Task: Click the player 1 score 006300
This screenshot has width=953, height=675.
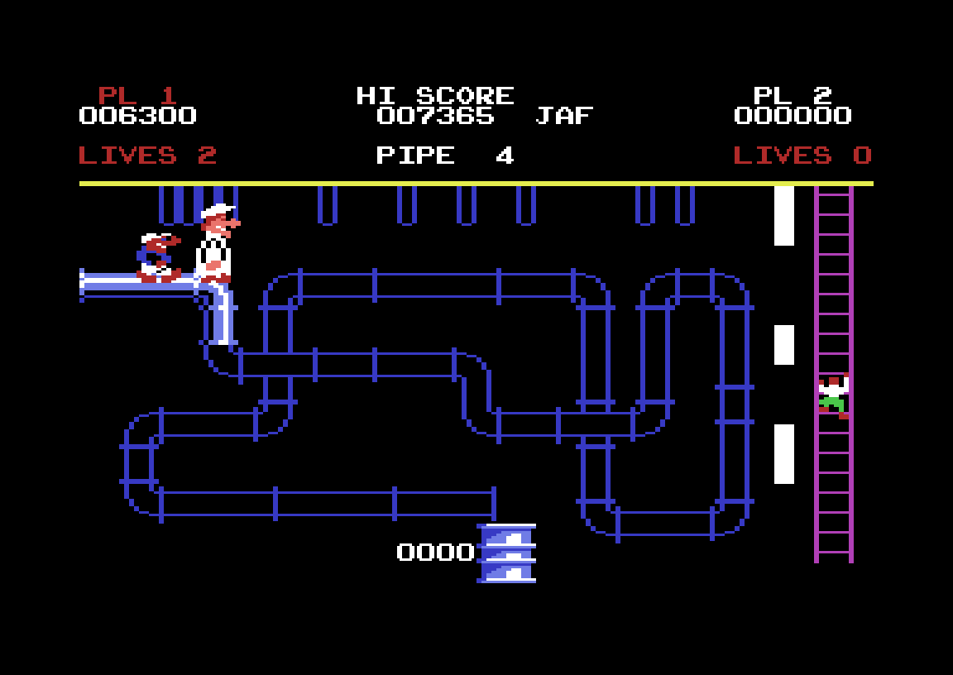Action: tap(137, 116)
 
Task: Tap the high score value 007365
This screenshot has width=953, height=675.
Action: tap(435, 116)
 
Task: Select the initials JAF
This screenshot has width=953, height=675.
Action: tap(564, 116)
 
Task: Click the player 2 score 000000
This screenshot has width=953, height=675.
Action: tap(793, 116)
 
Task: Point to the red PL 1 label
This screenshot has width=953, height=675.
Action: tap(137, 95)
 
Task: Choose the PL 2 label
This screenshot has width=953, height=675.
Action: tap(793, 95)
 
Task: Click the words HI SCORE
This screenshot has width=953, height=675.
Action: tap(435, 95)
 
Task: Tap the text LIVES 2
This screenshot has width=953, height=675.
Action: tap(147, 156)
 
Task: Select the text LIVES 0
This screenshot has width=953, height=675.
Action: tap(802, 156)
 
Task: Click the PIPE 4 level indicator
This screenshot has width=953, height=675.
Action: tap(445, 156)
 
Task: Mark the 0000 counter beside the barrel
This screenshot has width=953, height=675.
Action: tap(435, 553)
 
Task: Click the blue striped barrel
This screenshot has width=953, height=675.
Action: tap(507, 553)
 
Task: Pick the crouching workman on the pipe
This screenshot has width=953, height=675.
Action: tap(158, 257)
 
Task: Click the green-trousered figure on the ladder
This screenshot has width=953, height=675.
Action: tap(832, 398)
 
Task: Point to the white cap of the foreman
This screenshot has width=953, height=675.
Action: tap(217, 211)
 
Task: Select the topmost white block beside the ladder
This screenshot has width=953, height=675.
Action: tap(784, 215)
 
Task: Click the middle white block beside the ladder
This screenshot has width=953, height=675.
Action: tap(784, 344)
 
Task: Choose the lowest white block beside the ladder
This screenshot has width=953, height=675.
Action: tap(784, 453)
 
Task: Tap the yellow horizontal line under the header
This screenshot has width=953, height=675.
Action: tap(476, 184)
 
